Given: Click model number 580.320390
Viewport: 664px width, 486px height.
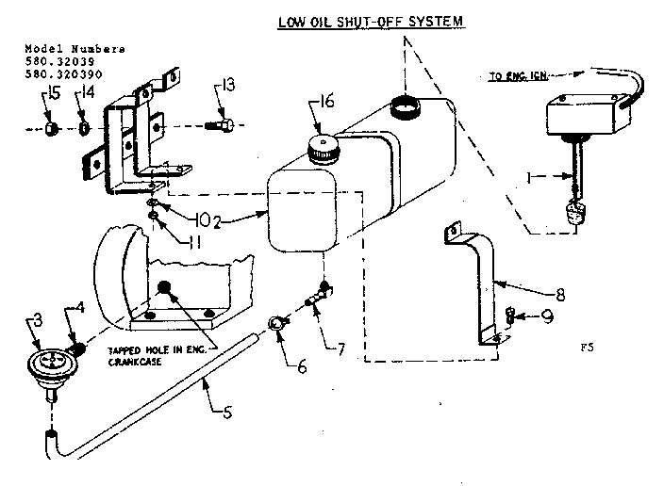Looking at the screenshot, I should [x=63, y=72].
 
